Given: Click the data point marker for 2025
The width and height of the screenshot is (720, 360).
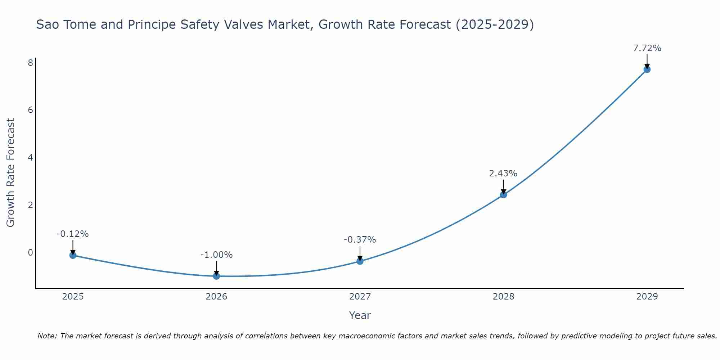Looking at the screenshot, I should [x=73, y=255].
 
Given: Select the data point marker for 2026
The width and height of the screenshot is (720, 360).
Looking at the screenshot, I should [x=216, y=276].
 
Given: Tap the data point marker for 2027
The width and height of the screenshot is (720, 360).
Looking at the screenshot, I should [x=360, y=261].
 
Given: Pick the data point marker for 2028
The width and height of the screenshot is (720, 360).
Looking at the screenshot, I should [x=503, y=195].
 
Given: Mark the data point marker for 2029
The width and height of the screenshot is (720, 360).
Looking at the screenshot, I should [x=647, y=69].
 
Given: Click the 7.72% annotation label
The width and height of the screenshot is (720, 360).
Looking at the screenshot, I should [x=647, y=48].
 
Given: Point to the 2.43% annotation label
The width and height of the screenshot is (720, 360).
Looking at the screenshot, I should [x=503, y=174].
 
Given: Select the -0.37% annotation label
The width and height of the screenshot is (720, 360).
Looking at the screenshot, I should [x=360, y=240].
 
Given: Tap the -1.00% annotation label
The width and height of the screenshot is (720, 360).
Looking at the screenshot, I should [x=216, y=255].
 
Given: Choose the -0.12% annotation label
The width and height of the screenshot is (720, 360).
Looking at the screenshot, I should [x=72, y=234].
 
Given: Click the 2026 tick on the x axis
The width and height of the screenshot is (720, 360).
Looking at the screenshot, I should [x=216, y=297].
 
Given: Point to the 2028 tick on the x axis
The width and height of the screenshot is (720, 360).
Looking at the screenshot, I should [x=503, y=297].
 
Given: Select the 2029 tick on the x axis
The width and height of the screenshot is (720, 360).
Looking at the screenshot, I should [x=647, y=297].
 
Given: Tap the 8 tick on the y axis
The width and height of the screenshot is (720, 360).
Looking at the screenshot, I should [x=30, y=63].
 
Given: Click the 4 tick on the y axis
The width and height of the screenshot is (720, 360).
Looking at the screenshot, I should [x=30, y=157].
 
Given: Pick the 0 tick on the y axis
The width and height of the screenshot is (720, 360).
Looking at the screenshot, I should [x=30, y=252].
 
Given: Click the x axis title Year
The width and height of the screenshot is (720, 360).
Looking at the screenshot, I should [x=360, y=315].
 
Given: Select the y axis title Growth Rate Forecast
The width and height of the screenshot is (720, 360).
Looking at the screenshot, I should [x=11, y=172].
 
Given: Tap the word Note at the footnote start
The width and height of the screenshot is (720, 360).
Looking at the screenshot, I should [x=47, y=336].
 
